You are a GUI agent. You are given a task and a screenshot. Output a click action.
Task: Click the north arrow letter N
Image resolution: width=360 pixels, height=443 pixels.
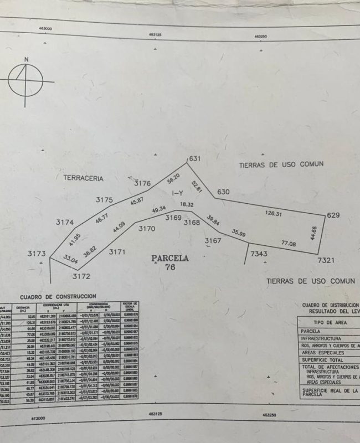[x=25, y=59]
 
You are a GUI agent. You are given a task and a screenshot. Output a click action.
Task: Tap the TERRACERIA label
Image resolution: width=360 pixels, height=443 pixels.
[x=83, y=178]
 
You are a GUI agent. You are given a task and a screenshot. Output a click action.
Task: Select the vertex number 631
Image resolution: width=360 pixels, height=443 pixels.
[x=194, y=158]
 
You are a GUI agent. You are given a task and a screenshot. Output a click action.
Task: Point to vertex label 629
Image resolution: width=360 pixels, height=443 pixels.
[x=333, y=215]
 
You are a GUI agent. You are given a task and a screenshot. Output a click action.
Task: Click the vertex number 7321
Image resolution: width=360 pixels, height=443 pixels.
[x=326, y=260]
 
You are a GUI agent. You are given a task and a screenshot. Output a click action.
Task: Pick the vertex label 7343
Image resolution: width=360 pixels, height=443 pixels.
[x=259, y=254]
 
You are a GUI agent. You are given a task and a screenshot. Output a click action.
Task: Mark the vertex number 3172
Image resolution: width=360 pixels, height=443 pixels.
[x=81, y=275]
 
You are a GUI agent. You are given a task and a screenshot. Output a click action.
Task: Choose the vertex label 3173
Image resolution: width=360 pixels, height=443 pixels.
[x=37, y=253]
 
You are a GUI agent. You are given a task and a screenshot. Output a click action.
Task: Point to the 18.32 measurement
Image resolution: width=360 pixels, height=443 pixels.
[x=187, y=204]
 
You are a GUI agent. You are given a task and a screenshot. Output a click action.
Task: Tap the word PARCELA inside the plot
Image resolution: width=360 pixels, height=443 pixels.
[x=170, y=258]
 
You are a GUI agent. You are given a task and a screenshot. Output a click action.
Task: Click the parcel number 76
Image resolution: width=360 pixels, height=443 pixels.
[x=170, y=267]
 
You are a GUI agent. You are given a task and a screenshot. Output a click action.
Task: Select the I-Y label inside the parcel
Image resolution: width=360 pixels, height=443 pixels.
[x=178, y=193]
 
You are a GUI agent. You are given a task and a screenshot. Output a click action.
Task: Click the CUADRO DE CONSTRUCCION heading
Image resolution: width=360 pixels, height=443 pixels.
[x=58, y=297]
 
